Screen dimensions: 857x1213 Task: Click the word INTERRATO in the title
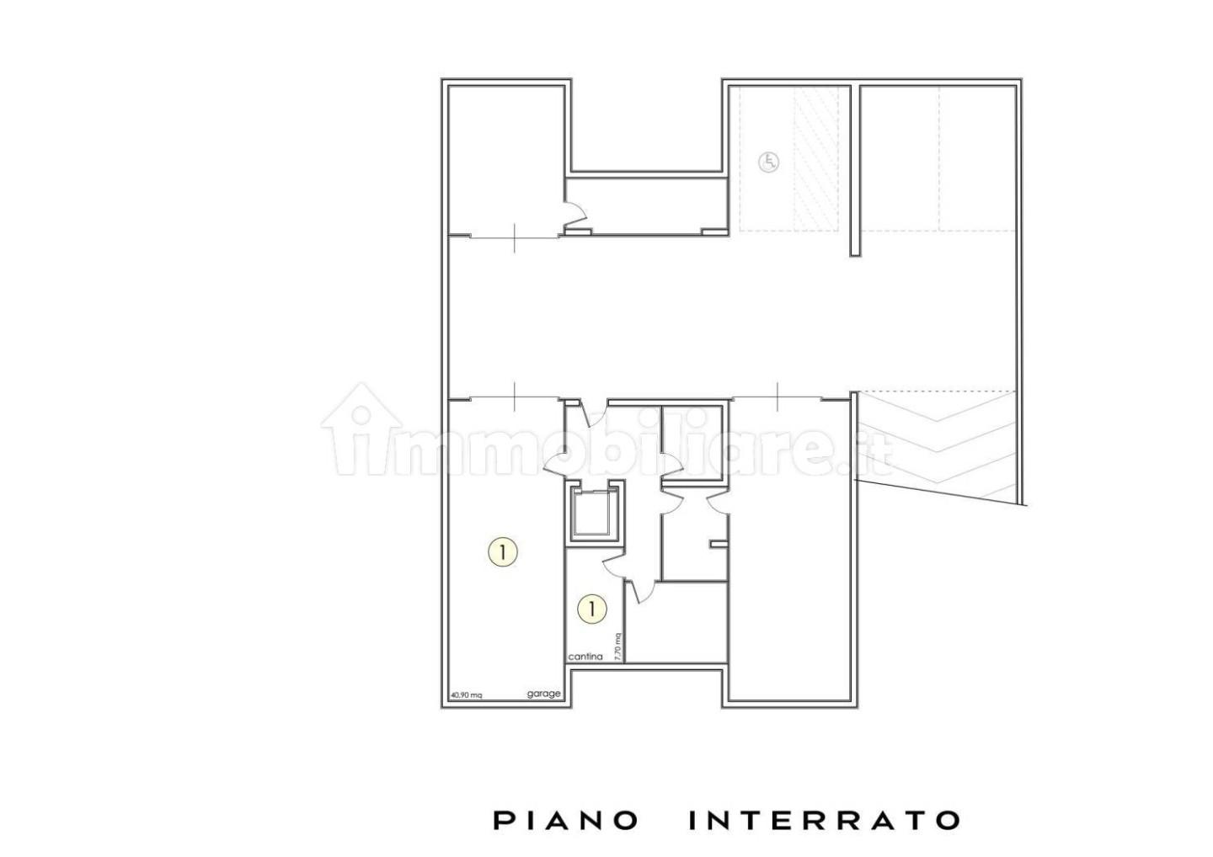click(x=824, y=820)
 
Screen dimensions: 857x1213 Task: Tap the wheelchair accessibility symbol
click(x=768, y=162)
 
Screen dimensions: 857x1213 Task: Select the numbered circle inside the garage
click(x=503, y=552)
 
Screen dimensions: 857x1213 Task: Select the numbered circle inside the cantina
click(x=592, y=608)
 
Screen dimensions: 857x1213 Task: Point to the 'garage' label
click(x=543, y=694)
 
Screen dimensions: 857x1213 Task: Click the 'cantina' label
click(x=585, y=657)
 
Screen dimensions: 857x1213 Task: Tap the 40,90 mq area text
click(x=466, y=695)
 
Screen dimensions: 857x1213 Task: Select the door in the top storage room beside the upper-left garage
click(x=575, y=215)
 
